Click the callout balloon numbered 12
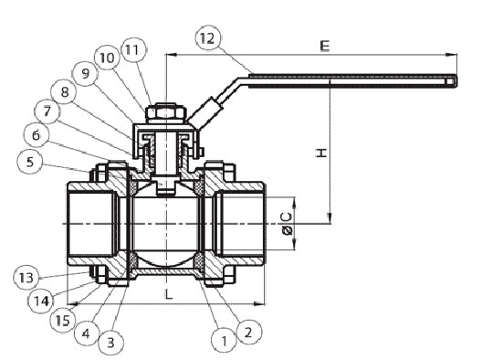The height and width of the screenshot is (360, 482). [x=208, y=38]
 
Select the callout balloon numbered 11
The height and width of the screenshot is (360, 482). [x=133, y=49]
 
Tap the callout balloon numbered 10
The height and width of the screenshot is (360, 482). [x=108, y=58]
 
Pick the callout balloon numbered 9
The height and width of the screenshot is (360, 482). [x=85, y=73]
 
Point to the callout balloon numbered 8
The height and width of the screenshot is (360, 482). [x=64, y=92]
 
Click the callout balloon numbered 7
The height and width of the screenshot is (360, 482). [x=47, y=111]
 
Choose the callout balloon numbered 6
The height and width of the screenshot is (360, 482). [x=37, y=135]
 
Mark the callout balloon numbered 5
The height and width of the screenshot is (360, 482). [x=30, y=162]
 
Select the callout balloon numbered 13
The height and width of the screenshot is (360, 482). [x=26, y=278]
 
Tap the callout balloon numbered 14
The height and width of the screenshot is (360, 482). [x=41, y=301]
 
